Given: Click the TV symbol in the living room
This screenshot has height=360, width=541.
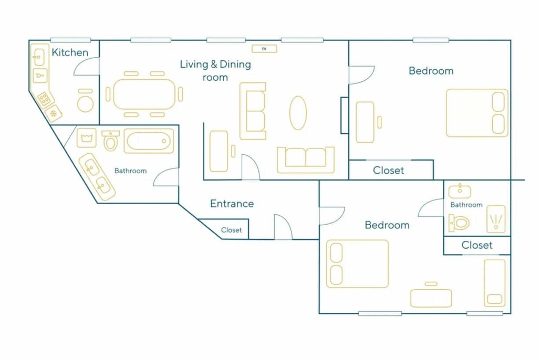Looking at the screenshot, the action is [x=264, y=49].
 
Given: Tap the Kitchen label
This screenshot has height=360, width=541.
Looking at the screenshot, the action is [x=70, y=52].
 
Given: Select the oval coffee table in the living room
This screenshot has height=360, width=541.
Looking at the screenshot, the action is [x=298, y=113].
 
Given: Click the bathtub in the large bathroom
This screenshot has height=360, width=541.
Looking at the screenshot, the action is [x=149, y=141].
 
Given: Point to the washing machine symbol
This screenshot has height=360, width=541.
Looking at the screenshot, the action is [x=86, y=138].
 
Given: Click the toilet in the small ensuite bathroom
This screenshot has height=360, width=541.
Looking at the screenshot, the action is [x=459, y=223].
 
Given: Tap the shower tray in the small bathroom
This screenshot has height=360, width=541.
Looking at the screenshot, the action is [x=496, y=219].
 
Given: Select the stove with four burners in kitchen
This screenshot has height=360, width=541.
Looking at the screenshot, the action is [x=45, y=99].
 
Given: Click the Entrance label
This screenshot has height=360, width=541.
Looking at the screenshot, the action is [x=232, y=204].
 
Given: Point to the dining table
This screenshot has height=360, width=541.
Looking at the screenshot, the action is [x=144, y=94].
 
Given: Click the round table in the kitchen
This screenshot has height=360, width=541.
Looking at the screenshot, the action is [x=85, y=103].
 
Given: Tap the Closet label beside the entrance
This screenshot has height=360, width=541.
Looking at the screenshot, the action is [x=231, y=230].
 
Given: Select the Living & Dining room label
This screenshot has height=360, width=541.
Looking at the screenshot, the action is [x=215, y=71].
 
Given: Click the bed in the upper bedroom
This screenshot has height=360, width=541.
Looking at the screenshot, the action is [x=477, y=113].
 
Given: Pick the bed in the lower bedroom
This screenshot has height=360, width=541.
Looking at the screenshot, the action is [x=358, y=264].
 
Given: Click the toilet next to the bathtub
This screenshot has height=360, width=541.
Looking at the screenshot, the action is [x=110, y=141].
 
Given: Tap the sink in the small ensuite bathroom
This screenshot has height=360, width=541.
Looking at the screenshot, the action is [x=460, y=191].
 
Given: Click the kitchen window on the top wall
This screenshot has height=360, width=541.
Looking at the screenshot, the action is [x=71, y=40].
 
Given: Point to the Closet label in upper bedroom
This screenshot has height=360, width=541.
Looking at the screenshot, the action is [x=389, y=171].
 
